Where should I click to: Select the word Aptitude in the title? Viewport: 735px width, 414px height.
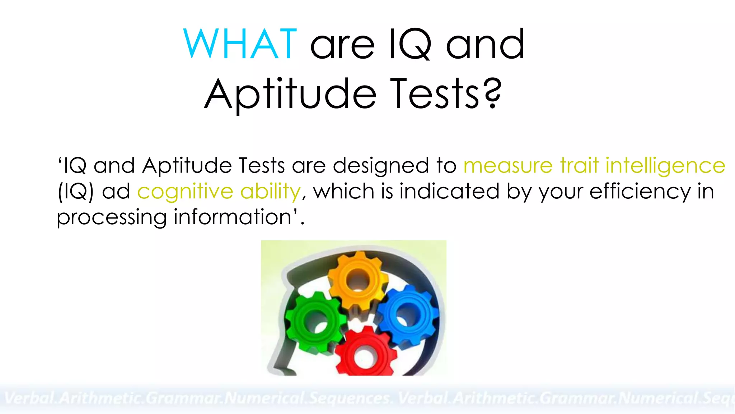[291, 94]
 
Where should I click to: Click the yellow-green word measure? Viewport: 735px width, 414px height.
[508, 166]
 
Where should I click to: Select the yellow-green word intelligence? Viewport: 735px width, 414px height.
[665, 166]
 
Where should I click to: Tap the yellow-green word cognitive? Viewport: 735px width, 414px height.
[185, 192]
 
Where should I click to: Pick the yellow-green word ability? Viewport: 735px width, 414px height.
[270, 192]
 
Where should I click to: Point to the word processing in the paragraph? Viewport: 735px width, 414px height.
[112, 218]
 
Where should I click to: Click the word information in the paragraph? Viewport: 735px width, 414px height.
[233, 217]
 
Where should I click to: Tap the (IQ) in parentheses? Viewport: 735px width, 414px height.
[76, 192]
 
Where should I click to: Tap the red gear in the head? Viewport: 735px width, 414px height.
[365, 354]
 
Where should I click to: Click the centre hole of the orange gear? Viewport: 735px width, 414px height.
[358, 280]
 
